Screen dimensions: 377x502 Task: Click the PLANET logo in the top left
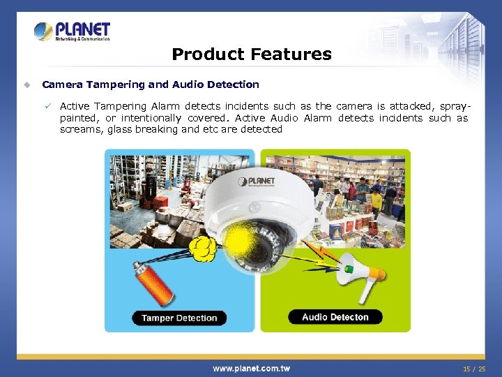(x=72, y=31)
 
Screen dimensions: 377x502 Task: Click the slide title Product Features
(x=251, y=54)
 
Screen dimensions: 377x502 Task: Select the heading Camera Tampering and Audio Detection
(x=151, y=84)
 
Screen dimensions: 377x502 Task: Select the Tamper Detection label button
(x=179, y=318)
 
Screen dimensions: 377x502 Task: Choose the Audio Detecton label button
(x=335, y=317)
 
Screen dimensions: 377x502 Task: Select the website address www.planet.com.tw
(x=251, y=368)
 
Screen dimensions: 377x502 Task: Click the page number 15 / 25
(x=474, y=368)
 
